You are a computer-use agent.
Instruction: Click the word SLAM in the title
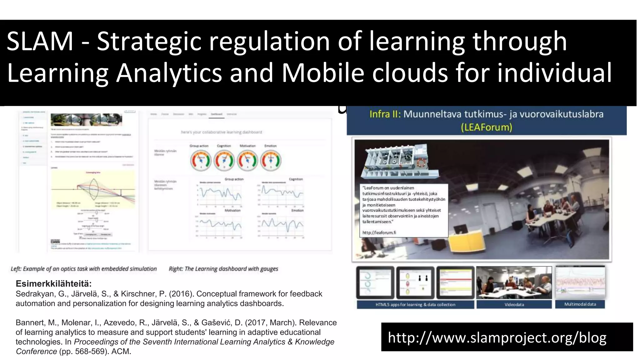tap(40, 41)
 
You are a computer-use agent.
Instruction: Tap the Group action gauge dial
tap(200, 160)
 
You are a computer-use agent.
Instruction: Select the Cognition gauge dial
tap(224, 160)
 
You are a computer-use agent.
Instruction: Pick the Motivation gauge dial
tap(247, 160)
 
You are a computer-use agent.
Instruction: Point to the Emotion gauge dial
tap(271, 160)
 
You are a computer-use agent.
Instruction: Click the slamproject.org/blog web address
tap(497, 337)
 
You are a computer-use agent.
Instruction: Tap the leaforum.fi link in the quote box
tap(379, 232)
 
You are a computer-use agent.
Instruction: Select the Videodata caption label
tap(514, 304)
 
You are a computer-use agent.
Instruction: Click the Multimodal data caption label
tap(580, 304)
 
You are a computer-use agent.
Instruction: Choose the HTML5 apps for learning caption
tap(415, 304)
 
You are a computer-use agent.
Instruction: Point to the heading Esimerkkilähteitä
tap(53, 284)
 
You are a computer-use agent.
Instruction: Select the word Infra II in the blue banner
tap(385, 114)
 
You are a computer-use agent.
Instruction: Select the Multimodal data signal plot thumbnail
tap(580, 282)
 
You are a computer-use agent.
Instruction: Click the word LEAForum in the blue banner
tap(486, 127)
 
